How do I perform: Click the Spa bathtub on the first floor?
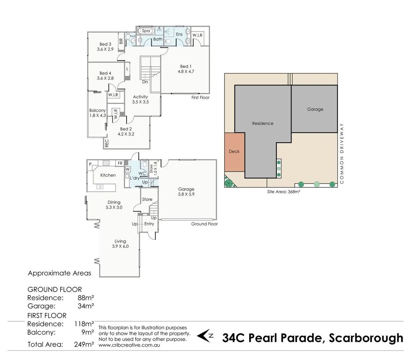146,31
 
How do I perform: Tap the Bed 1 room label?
186,66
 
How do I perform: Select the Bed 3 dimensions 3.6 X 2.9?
105,49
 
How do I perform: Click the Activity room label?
140,97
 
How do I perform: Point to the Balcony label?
97,110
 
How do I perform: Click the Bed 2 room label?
126,129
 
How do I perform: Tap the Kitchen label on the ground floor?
108,175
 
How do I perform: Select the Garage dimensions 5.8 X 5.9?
186,194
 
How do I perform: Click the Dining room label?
114,202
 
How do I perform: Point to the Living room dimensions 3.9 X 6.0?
120,246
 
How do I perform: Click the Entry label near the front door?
149,224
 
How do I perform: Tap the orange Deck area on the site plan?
234,152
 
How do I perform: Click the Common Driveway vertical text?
342,153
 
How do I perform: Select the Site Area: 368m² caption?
283,192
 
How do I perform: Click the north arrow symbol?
205,336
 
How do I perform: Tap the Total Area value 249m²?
84,344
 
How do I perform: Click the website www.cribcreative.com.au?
129,345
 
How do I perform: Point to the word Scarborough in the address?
366,338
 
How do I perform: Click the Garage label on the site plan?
315,109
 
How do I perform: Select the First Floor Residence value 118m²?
84,324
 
